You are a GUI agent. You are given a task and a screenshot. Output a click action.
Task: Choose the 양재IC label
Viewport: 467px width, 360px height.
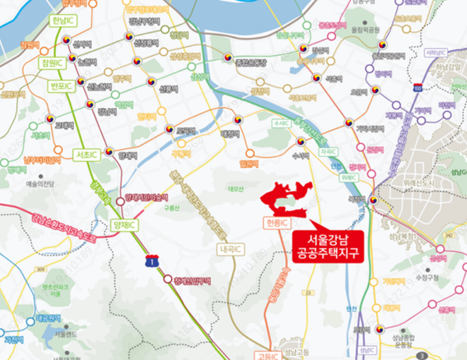pyautogui.click(x=124, y=225)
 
